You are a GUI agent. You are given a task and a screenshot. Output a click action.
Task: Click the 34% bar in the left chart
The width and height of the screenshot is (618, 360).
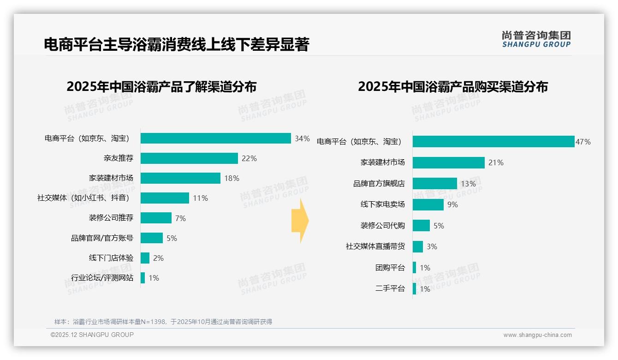point(215,138)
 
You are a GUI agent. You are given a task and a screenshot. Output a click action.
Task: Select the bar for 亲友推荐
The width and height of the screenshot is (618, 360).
point(189,158)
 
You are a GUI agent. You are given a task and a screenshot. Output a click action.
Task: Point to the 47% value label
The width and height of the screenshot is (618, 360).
point(583,142)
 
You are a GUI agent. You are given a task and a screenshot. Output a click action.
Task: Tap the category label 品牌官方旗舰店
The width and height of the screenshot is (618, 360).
point(379,184)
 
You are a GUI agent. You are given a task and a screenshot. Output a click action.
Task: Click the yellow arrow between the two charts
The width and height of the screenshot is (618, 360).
point(300,221)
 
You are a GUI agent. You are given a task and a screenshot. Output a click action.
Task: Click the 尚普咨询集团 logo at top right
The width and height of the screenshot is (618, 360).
point(536,39)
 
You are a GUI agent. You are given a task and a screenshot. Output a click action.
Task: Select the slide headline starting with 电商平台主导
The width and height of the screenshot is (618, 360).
point(176,44)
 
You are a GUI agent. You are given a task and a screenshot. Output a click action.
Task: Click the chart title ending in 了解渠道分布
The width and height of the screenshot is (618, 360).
point(161,86)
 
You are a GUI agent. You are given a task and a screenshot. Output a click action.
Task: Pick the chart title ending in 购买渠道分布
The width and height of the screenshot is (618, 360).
point(452,86)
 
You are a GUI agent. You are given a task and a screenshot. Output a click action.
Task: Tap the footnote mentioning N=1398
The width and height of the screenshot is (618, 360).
point(163,322)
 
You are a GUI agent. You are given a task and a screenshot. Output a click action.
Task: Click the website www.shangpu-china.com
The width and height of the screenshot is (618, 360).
point(537,335)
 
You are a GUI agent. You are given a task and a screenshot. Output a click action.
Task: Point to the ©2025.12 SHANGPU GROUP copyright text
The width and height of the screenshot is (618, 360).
point(92,335)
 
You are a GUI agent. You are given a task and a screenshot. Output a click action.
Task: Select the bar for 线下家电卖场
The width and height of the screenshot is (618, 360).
point(428,204)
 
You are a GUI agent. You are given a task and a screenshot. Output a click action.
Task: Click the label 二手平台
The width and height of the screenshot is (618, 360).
point(390,289)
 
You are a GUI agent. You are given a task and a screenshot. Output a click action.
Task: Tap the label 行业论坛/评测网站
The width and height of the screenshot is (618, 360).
point(102,278)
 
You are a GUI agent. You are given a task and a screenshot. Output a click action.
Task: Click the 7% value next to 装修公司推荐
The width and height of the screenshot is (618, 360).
point(180,218)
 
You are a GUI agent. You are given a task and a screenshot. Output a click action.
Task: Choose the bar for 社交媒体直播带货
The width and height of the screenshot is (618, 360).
point(418,246)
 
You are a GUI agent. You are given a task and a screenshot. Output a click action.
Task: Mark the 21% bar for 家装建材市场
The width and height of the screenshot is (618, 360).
point(448,162)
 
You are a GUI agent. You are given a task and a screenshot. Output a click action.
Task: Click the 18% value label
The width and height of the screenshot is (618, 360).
point(232,178)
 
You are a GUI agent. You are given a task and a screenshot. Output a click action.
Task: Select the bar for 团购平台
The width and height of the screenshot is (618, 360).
point(415,268)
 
